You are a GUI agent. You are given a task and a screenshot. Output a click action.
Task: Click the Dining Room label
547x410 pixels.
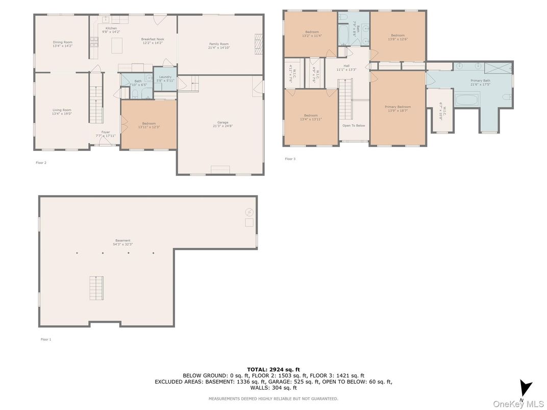tap(63, 42)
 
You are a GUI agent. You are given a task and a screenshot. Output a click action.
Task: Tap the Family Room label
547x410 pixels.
tap(219, 44)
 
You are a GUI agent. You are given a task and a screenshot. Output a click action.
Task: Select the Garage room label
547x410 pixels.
tap(222, 122)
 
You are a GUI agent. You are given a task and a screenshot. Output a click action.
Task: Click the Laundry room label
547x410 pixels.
tap(165, 77)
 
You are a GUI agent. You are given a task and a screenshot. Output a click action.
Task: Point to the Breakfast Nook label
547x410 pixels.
tap(153, 39)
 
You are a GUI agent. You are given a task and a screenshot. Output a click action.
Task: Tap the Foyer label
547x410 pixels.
tap(106, 132)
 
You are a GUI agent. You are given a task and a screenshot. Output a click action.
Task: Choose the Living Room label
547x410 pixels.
tap(62, 110)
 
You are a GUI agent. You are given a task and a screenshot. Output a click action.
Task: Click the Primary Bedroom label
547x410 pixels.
tap(397, 107)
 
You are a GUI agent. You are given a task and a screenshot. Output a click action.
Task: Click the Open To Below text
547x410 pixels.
tap(354, 125)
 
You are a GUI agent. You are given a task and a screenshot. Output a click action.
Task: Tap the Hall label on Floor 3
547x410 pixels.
tap(346, 66)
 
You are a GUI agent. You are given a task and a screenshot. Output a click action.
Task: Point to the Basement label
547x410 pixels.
tap(122, 241)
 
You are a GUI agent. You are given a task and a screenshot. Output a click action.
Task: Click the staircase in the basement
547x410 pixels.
tap(96, 288)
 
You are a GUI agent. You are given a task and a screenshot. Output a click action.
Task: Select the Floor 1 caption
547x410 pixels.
tap(46, 339)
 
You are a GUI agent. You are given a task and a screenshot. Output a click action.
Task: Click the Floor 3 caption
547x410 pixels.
tap(290, 159)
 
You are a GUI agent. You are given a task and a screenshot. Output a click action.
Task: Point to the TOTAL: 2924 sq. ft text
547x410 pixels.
tap(273, 369)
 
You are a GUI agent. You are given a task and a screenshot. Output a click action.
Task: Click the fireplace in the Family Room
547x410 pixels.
tap(259, 44)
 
